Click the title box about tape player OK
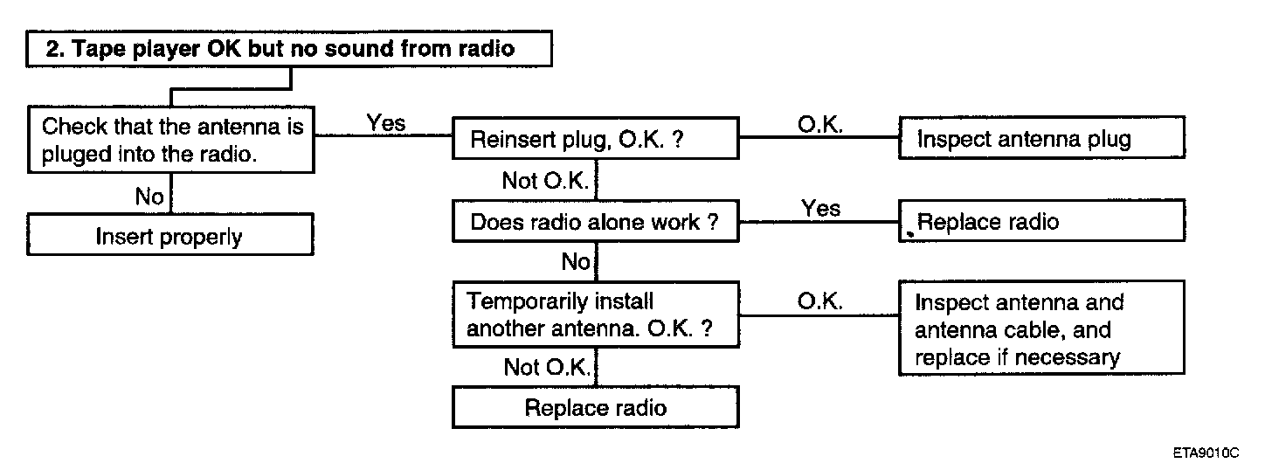point(289,49)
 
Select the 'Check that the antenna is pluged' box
point(171,140)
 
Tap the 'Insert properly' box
point(170,234)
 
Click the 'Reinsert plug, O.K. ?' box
point(596,138)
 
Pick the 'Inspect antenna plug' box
point(1042,137)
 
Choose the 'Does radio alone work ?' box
point(596,221)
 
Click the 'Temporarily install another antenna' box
point(596,314)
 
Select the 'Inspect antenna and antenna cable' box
point(1042,328)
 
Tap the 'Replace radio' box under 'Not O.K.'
point(596,407)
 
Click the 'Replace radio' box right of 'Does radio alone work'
point(1042,220)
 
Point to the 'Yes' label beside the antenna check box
point(386,122)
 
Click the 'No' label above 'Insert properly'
point(149,197)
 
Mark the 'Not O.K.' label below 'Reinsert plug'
point(545,181)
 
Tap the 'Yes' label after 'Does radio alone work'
point(820,208)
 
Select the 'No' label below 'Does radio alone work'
point(576,262)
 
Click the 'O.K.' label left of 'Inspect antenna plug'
point(820,124)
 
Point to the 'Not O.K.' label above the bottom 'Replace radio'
point(547,367)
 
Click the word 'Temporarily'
point(560,301)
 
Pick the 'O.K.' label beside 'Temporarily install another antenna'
point(819,301)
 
